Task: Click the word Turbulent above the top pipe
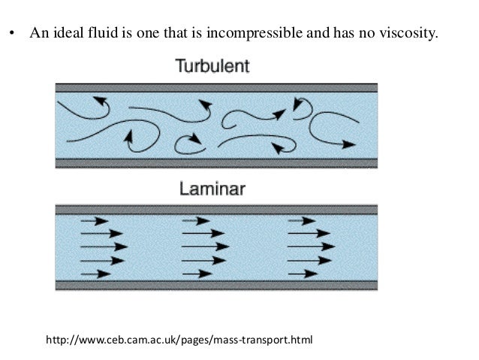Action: pos(212,66)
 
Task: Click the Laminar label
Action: pos(212,189)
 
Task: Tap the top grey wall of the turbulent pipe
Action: pos(216,88)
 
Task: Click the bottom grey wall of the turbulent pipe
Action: pos(216,162)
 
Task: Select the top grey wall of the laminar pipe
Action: pos(216,210)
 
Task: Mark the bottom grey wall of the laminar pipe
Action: pos(216,285)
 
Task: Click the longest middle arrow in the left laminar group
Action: pos(104,247)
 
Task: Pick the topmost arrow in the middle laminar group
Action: pos(197,221)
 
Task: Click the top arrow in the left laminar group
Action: pos(92,221)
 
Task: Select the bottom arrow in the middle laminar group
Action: pos(196,274)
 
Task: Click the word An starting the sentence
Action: pos(38,35)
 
